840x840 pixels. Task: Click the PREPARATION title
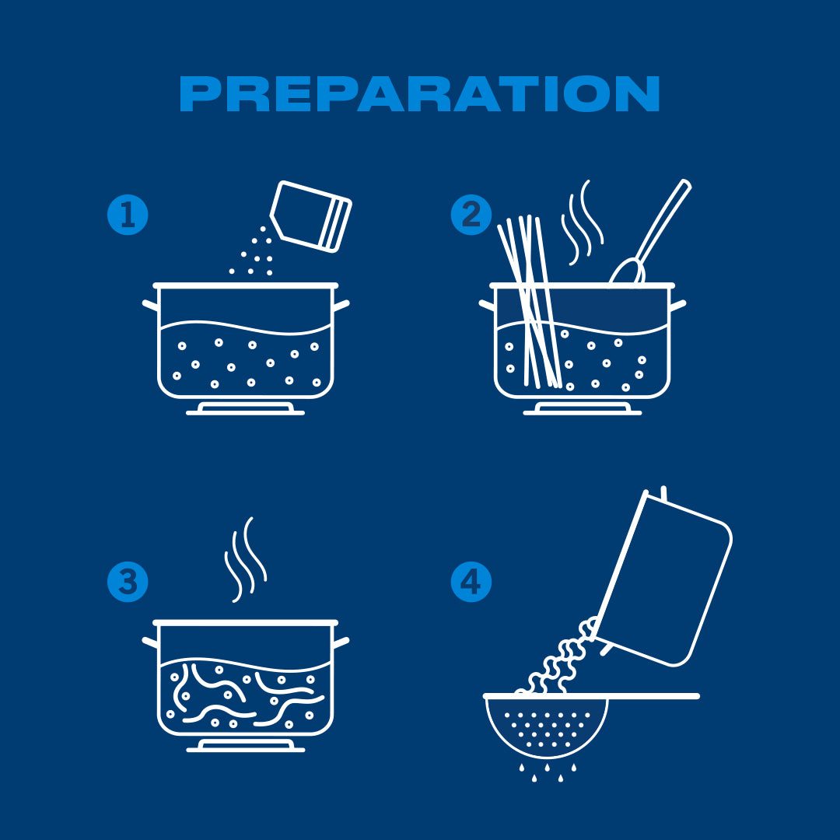(x=419, y=94)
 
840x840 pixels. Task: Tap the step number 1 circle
(x=128, y=214)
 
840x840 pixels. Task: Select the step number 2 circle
(x=471, y=214)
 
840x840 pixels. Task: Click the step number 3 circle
(x=128, y=582)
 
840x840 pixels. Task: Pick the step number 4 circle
(x=471, y=582)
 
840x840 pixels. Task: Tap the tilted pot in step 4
(x=665, y=579)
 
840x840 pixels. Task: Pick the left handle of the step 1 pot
(x=150, y=305)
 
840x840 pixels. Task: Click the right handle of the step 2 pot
(x=678, y=304)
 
